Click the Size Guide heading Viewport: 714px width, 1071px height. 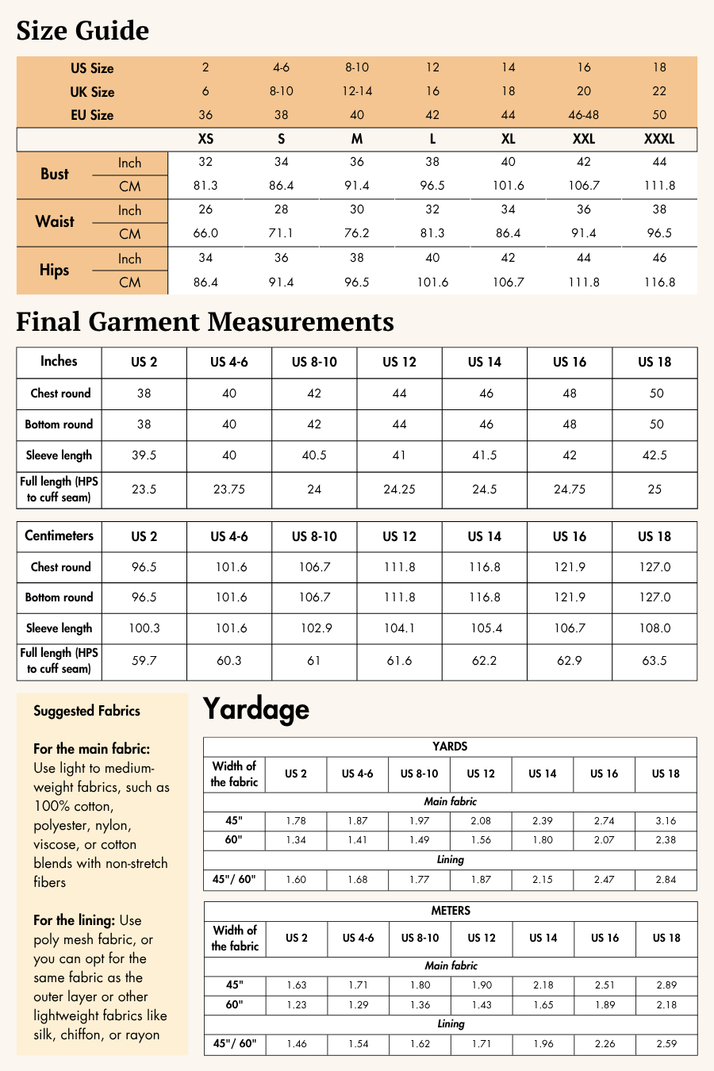83,31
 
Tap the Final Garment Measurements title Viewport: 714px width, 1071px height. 205,322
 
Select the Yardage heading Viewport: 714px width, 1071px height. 255,708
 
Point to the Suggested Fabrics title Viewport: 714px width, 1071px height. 86,711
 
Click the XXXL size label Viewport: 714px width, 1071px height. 659,139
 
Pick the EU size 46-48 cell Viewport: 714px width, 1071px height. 584,115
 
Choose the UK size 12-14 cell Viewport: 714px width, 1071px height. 357,91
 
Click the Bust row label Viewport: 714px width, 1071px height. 55,175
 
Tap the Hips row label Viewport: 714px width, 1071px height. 54,271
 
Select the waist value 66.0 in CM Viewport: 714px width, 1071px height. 205,233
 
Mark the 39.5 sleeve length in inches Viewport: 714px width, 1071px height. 144,455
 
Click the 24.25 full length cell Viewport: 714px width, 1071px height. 399,489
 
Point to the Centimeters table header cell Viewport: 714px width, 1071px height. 59,535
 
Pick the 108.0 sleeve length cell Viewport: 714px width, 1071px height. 655,628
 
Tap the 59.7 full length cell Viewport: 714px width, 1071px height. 144,660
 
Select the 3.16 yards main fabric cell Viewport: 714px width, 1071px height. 666,821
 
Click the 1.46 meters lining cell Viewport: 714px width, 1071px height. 297,1044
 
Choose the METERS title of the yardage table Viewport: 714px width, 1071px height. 451,911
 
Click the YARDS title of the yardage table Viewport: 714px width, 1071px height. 450,747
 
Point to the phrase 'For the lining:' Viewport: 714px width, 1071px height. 75,920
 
